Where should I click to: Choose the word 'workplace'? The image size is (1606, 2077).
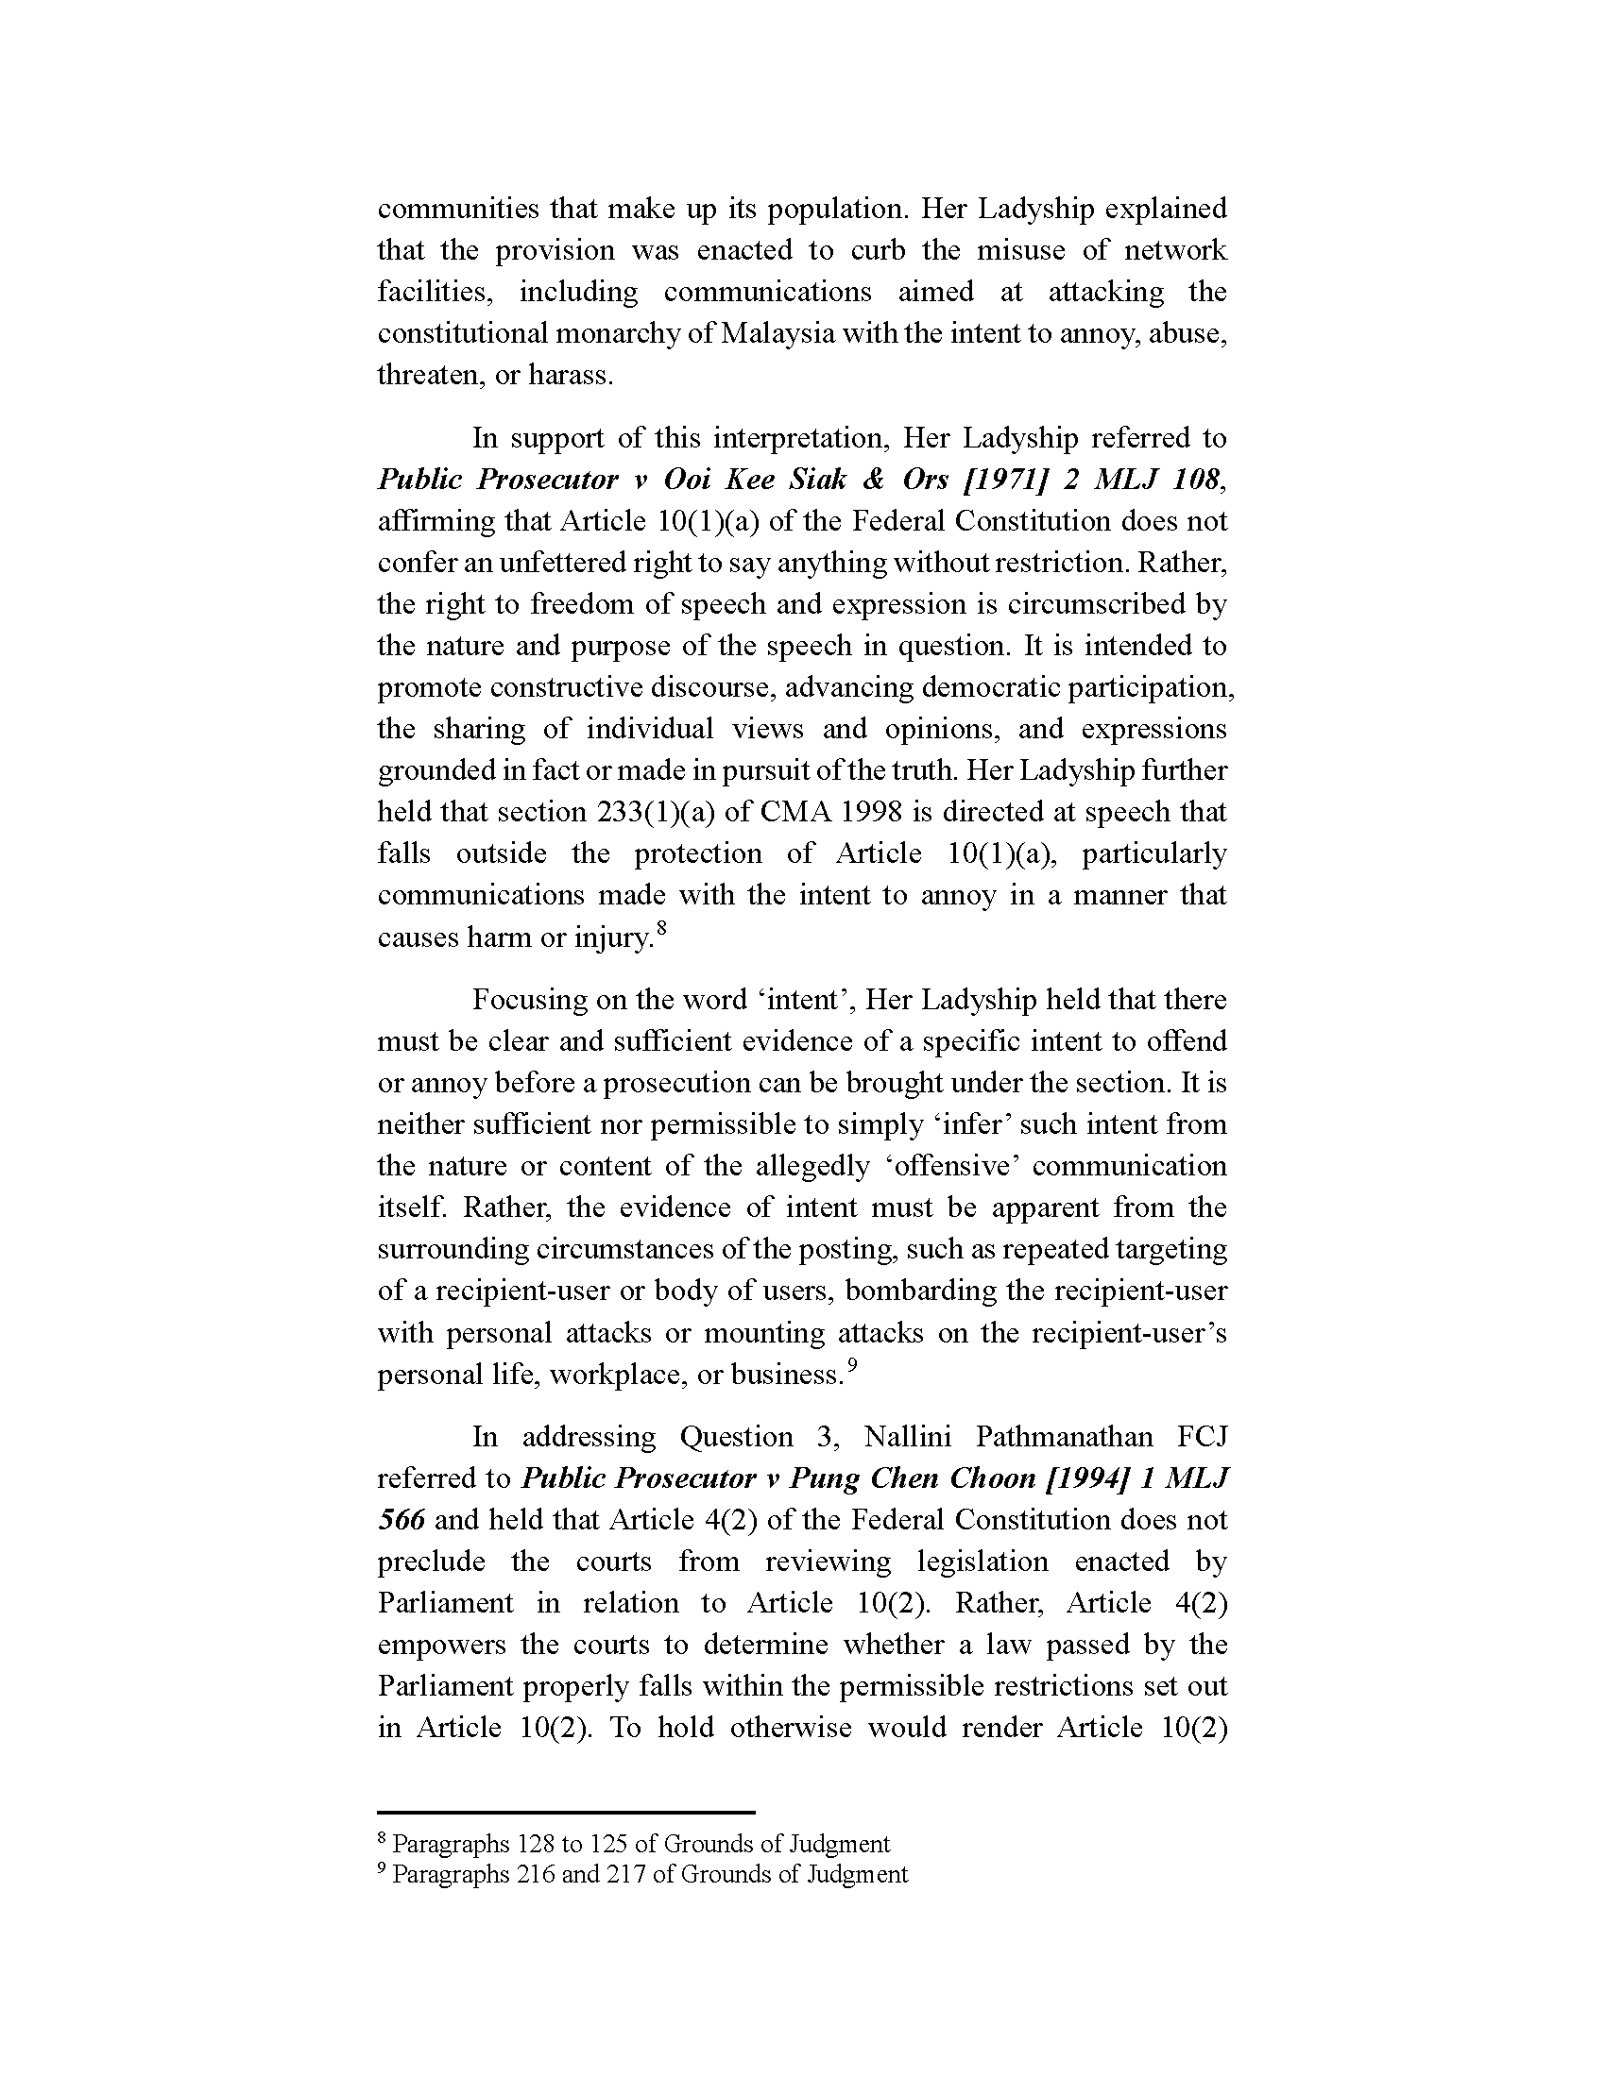click(619, 1376)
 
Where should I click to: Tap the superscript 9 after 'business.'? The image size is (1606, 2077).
click(852, 1367)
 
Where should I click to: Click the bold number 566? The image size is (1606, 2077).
click(401, 1520)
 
